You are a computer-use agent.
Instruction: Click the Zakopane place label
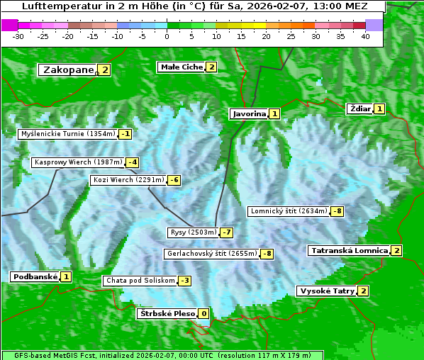click(x=68, y=70)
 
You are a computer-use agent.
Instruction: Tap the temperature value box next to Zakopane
click(x=105, y=70)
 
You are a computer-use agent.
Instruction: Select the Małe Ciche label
click(x=182, y=67)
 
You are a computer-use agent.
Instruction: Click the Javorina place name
click(x=250, y=113)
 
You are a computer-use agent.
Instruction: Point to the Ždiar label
click(x=360, y=108)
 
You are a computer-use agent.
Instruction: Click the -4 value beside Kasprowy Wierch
click(x=133, y=162)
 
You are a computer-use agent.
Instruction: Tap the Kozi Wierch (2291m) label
click(x=128, y=180)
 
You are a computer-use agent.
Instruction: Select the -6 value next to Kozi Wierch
click(x=174, y=180)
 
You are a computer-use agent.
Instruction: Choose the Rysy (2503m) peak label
click(x=193, y=232)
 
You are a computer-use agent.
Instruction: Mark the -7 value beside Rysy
click(x=227, y=232)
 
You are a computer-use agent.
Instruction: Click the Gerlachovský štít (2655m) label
click(x=211, y=254)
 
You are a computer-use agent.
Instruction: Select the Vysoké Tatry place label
click(x=327, y=291)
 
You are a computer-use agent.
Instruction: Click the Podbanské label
click(x=35, y=277)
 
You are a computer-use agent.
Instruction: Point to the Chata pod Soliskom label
click(x=139, y=281)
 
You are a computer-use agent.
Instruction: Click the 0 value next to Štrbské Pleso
click(x=203, y=314)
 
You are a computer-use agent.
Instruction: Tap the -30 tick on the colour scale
click(x=18, y=36)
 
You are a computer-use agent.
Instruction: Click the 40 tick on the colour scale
click(x=365, y=36)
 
